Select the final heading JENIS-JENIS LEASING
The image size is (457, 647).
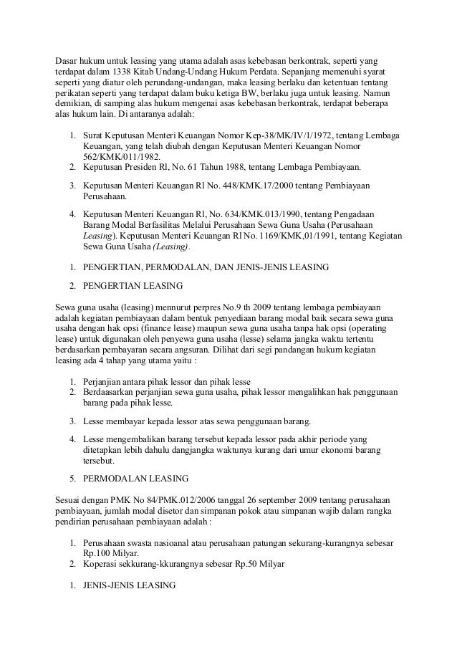(130, 585)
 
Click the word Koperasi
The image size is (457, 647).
(102, 565)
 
